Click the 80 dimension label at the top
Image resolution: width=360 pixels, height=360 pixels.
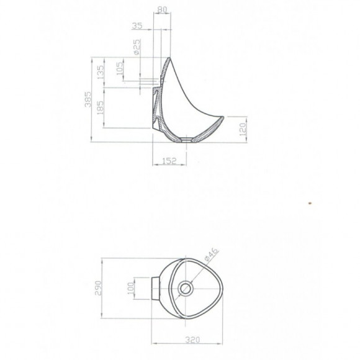pyautogui.click(x=163, y=9)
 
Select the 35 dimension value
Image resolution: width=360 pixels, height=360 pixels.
pyautogui.click(x=137, y=25)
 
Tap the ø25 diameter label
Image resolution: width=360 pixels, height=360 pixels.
pyautogui.click(x=137, y=47)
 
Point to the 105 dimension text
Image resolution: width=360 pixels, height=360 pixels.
pyautogui.click(x=120, y=68)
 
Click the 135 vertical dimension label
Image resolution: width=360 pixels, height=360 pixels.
pyautogui.click(x=101, y=73)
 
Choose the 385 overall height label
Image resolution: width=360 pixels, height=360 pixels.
pyautogui.click(x=88, y=99)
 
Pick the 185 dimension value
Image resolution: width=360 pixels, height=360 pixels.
pyautogui.click(x=101, y=107)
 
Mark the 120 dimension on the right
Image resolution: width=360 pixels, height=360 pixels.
pyautogui.click(x=243, y=129)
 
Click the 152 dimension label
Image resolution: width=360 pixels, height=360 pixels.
pyautogui.click(x=169, y=161)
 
